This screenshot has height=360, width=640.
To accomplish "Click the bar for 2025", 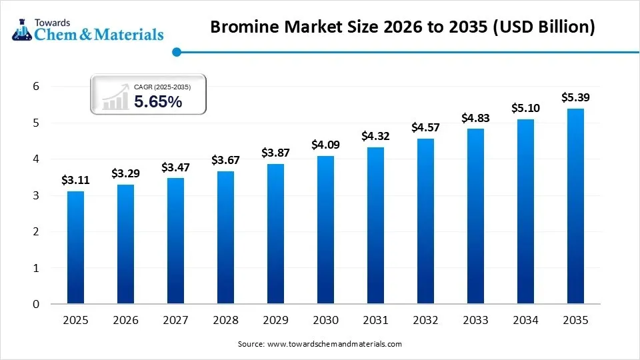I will pyautogui.click(x=75, y=247).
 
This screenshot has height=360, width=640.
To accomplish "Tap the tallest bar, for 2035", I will pyautogui.click(x=575, y=206).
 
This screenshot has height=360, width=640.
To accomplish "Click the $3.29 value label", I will pyautogui.click(x=125, y=173).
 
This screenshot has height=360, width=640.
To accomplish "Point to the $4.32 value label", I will pyautogui.click(x=375, y=136).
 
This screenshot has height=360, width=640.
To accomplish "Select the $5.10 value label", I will pyautogui.click(x=525, y=108).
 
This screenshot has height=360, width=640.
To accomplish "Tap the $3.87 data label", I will pyautogui.click(x=275, y=153).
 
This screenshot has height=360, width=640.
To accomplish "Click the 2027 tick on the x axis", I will pyautogui.click(x=175, y=321).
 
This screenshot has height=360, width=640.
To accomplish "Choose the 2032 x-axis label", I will pyautogui.click(x=425, y=321).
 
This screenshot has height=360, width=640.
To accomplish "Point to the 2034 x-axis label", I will pyautogui.click(x=525, y=321).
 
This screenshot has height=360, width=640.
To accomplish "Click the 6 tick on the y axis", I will pyautogui.click(x=36, y=87).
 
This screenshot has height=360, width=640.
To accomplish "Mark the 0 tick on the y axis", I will pyautogui.click(x=36, y=305).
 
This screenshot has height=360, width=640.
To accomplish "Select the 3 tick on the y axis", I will pyautogui.click(x=36, y=196).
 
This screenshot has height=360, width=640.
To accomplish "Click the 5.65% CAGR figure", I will pyautogui.click(x=158, y=102).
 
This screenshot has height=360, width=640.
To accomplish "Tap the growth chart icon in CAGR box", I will pyautogui.click(x=115, y=97).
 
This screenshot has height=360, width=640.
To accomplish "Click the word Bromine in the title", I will pyautogui.click(x=247, y=27).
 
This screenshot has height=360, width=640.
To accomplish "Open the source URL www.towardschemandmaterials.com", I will pyautogui.click(x=334, y=344).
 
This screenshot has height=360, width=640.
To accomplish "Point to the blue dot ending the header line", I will pyautogui.click(x=176, y=51).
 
